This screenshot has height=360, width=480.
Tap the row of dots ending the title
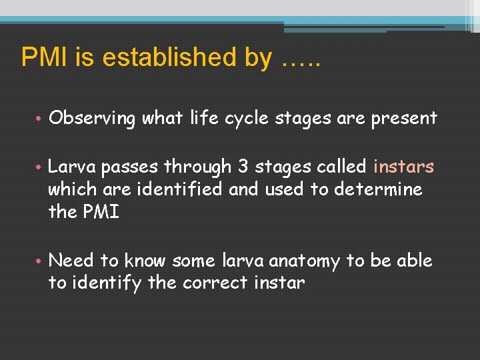click(x=301, y=63)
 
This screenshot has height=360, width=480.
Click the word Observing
click(x=92, y=119)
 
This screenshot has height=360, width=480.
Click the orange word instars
click(x=404, y=167)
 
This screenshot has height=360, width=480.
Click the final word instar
click(x=279, y=283)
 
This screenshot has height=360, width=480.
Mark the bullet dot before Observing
click(x=40, y=119)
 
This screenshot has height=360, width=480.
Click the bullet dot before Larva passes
click(x=40, y=167)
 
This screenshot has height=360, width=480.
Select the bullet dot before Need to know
click(x=40, y=261)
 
